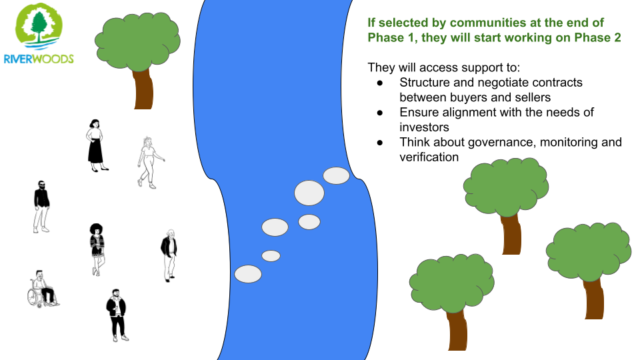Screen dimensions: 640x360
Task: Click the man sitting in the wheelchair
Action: [x=43, y=288]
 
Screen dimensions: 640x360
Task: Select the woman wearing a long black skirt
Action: [x=96, y=145]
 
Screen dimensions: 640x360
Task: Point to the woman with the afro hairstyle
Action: [x=97, y=249]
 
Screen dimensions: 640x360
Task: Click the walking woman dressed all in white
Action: [x=150, y=163]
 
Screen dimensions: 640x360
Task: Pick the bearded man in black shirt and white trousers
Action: [x=41, y=207]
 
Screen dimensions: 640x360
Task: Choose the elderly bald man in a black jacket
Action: [x=169, y=255]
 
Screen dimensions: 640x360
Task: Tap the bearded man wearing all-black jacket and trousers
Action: [x=117, y=315]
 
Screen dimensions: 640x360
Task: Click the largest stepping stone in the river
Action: [x=309, y=193]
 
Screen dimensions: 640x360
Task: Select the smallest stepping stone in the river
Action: [x=271, y=256]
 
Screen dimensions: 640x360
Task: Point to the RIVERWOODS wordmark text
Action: [x=39, y=59]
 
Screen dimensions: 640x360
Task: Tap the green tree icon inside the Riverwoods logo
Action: [x=39, y=27]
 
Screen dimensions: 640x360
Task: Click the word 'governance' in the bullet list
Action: [x=501, y=143]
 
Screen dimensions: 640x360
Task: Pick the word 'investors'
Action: [x=424, y=127]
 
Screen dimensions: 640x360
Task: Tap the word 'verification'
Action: [x=429, y=157]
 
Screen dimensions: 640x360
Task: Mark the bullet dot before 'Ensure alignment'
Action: [x=380, y=113]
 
